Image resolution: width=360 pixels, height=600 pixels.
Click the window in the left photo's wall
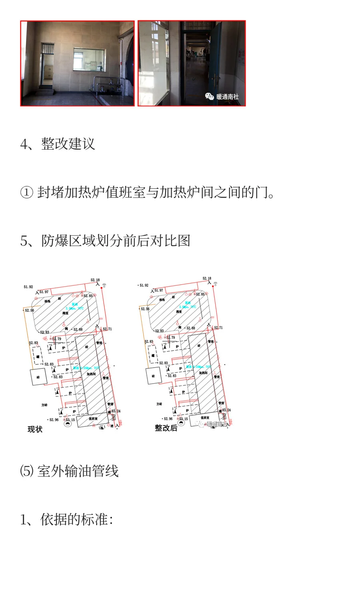coord(89,60)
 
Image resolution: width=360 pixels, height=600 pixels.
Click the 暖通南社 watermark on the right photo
coord(223,96)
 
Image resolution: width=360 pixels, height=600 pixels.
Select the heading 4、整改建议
coord(58,144)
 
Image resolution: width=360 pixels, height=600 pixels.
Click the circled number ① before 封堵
coord(26,192)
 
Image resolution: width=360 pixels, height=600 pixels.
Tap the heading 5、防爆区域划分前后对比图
coord(105,241)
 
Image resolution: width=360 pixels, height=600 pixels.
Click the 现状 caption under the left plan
coord(35,429)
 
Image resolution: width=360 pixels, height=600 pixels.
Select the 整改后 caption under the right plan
coord(166,428)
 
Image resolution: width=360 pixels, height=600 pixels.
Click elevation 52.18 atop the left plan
coord(95,280)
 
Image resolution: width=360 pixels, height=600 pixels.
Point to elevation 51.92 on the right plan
coord(144,285)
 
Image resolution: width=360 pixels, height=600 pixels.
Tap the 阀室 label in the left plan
coord(65,313)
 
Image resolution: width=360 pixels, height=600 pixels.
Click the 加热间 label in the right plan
coord(203,372)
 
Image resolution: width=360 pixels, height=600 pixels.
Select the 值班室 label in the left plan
coord(93,419)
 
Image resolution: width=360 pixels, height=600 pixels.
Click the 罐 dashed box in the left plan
coord(38,356)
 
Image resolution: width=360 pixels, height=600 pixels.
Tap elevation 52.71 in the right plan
coord(218,328)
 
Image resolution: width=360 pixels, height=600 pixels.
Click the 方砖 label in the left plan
coord(44,405)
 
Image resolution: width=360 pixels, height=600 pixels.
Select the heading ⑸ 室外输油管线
coord(69,471)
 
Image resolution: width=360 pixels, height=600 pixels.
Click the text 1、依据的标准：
coord(66,520)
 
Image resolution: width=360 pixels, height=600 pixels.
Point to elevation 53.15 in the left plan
coord(70,420)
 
